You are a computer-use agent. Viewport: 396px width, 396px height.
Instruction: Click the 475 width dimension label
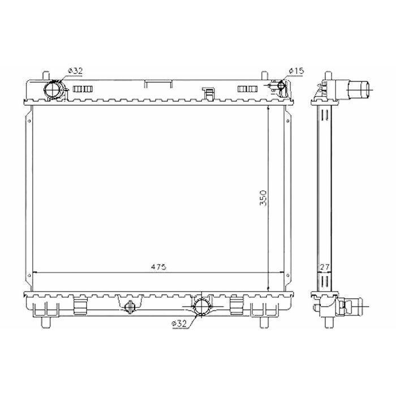click(158, 266)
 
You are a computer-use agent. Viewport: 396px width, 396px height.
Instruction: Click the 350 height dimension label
click(263, 198)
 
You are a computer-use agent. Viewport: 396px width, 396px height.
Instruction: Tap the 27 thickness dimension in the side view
click(325, 267)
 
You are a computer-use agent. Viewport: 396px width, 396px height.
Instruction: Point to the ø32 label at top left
click(75, 71)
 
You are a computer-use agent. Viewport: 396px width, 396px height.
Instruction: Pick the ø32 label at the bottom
click(179, 324)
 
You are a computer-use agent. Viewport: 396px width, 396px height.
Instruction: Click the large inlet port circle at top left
click(53, 89)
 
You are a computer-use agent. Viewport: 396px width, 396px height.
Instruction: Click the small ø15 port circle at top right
click(281, 85)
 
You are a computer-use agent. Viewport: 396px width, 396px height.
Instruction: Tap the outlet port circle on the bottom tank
click(201, 307)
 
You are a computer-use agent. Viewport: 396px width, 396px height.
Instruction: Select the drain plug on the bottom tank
click(130, 307)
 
